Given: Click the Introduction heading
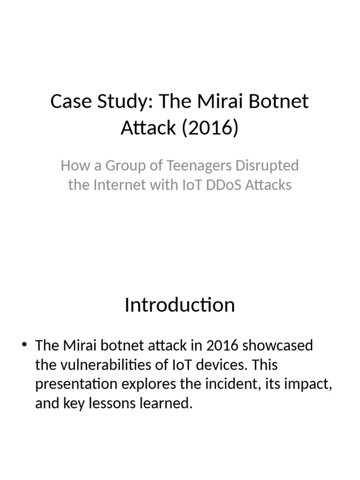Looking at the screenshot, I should pyautogui.click(x=180, y=305).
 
